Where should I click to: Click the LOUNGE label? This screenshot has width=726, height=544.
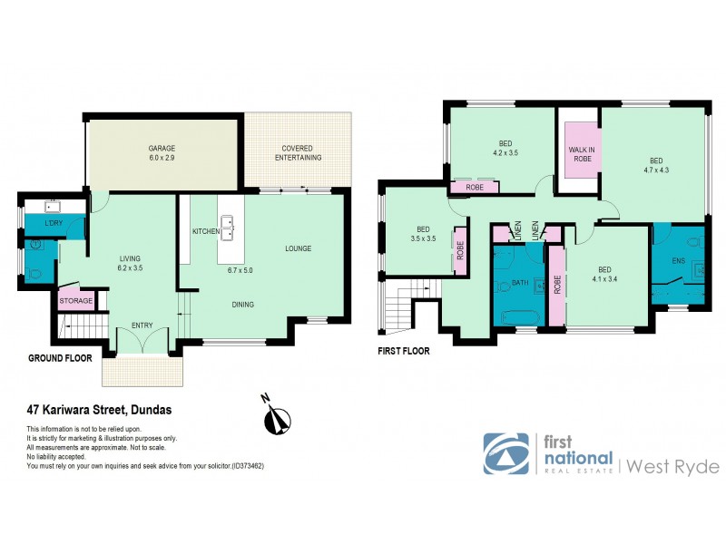299,248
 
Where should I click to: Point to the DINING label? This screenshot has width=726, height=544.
242,305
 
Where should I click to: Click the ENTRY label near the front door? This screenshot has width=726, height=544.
142,325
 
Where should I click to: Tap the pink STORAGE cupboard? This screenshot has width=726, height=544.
76,300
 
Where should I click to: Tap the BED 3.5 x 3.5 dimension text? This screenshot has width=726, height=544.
424,234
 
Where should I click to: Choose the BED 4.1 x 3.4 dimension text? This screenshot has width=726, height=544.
604,275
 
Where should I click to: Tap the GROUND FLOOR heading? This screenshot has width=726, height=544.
61,358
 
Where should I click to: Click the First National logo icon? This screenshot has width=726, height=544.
506,453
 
